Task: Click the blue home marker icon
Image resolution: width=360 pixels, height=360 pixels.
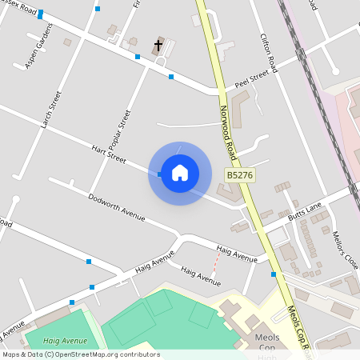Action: pos(180,173)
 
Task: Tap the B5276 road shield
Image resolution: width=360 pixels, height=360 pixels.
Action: pos(239,174)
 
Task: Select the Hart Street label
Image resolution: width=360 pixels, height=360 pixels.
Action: pos(109,154)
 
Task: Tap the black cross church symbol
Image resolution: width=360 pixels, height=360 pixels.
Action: pos(158,46)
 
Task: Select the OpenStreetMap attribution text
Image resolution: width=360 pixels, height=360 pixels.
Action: pos(81,354)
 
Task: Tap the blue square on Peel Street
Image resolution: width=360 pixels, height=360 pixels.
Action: pos(171,77)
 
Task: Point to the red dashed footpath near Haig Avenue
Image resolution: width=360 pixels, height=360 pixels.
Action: pos(214,263)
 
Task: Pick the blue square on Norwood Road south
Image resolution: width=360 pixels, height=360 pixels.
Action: pos(274,274)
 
